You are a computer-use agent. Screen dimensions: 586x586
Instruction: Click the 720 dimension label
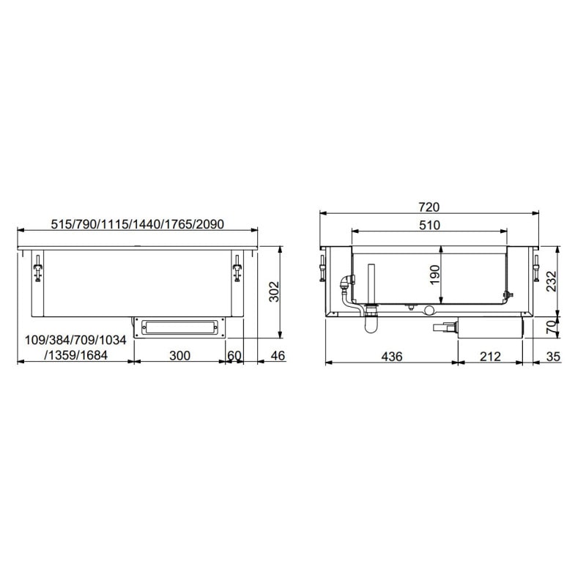pyautogui.click(x=429, y=207)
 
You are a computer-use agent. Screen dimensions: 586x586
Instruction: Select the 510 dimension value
pyautogui.click(x=429, y=226)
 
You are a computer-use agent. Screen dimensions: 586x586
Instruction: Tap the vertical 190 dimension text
pyautogui.click(x=434, y=275)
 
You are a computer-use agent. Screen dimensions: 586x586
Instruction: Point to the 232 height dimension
pyautogui.click(x=552, y=281)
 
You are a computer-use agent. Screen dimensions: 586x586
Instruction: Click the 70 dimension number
pyautogui.click(x=552, y=327)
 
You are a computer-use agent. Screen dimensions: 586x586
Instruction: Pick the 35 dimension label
pyautogui.click(x=554, y=357)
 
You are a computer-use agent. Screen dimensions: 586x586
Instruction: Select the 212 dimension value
pyautogui.click(x=490, y=357)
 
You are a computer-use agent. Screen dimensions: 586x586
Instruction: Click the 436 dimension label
pyautogui.click(x=392, y=357)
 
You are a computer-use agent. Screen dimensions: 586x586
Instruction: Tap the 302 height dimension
pyautogui.click(x=274, y=292)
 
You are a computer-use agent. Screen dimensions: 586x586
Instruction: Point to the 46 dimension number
pyautogui.click(x=278, y=355)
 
